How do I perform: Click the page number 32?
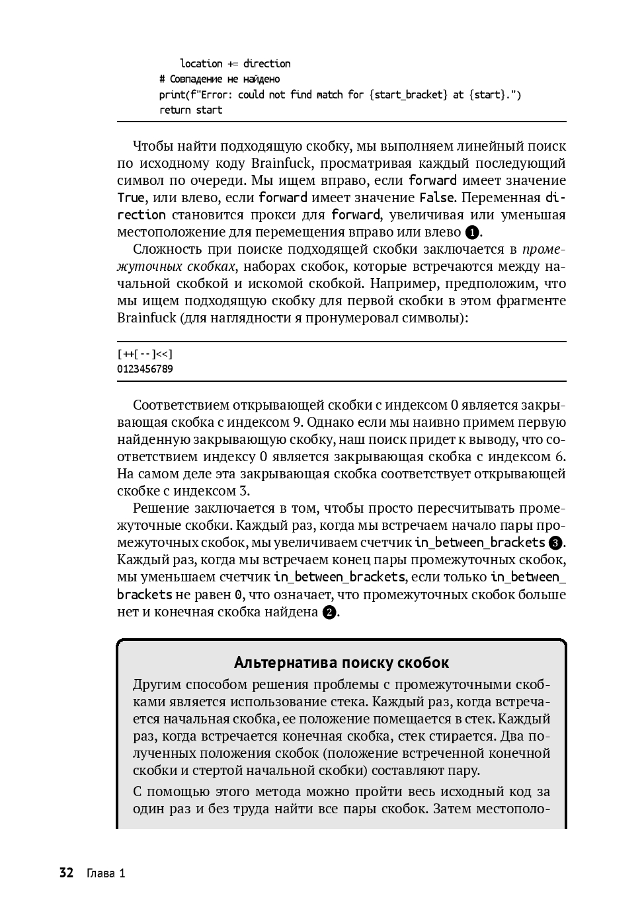coord(66,873)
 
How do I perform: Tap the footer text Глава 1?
coord(106,873)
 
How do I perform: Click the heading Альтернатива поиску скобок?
coord(341,663)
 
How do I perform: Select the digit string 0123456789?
coord(145,369)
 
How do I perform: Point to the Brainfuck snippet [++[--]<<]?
coord(145,354)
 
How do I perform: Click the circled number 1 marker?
coord(472,233)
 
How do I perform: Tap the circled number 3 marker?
coord(555,543)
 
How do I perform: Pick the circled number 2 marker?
coord(329,612)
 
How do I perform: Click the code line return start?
coord(190,110)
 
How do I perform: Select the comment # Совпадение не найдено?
coord(220,79)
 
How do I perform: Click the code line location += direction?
coord(235,63)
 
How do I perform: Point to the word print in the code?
coord(172,94)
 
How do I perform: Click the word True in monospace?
coord(130,198)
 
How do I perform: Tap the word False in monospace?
coord(436,198)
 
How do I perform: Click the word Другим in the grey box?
coord(156,684)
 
